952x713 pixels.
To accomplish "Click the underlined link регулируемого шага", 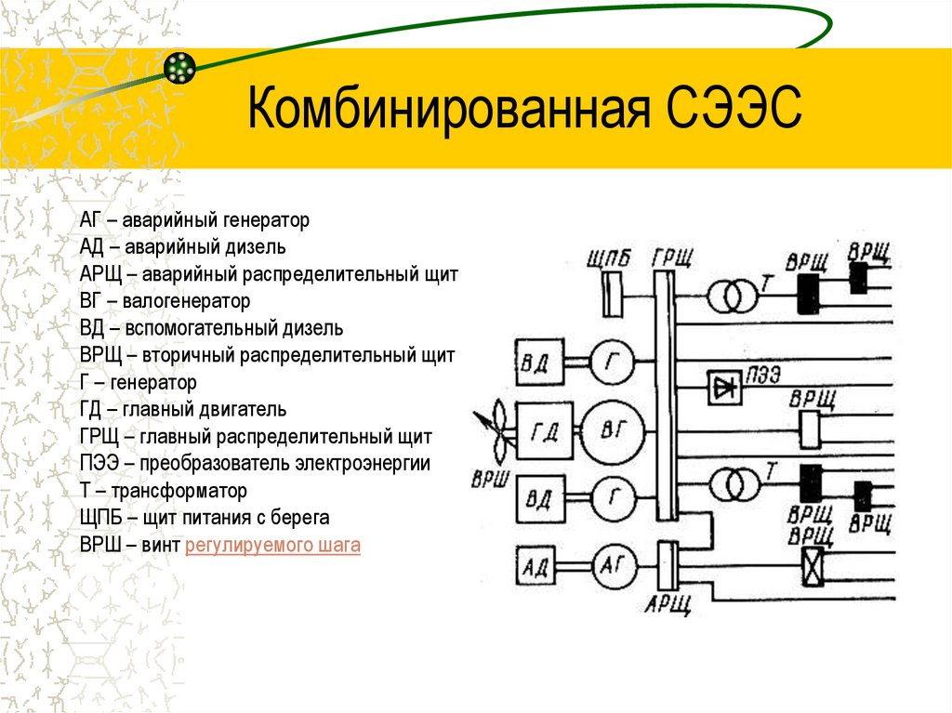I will click(272, 545).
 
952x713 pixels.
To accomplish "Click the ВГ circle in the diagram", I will click(611, 429).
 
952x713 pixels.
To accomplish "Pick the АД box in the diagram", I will click(537, 564).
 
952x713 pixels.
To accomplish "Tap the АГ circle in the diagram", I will click(610, 564).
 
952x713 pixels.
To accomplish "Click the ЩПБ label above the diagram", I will click(610, 257).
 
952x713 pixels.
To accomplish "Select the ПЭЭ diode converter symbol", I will click(724, 388).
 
